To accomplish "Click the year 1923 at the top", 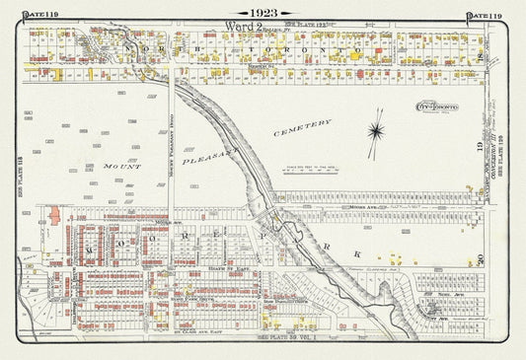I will click(x=263, y=11).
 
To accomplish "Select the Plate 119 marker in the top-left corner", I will click(x=20, y=12).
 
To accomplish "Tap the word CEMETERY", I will click(x=301, y=128).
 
